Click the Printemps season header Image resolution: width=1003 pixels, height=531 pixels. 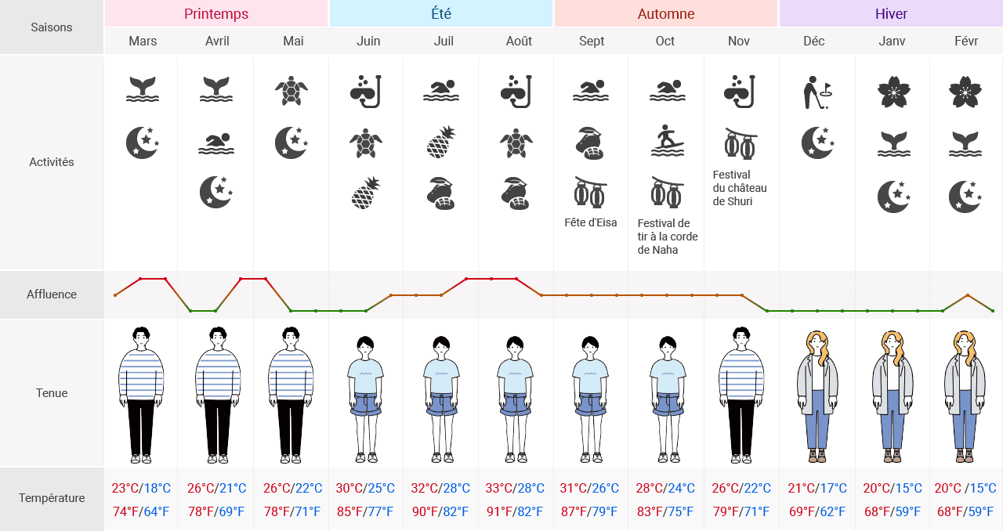click(216, 14)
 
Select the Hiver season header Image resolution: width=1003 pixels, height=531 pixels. click(891, 14)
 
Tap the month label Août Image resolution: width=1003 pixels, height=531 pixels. click(519, 41)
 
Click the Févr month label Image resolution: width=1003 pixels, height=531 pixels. click(966, 41)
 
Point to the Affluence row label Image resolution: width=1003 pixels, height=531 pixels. click(52, 294)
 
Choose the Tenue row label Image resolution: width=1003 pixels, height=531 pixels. click(52, 393)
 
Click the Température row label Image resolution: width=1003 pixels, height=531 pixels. click(52, 498)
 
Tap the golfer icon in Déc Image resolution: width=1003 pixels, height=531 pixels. click(817, 92)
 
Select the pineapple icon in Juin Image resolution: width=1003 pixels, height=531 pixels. click(365, 193)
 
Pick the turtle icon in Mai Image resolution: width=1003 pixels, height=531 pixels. click(291, 91)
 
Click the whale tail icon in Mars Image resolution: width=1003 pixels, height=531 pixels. click(143, 89)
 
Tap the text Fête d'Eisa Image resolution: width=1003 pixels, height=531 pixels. click(591, 222)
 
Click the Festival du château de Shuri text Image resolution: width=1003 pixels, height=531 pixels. click(739, 188)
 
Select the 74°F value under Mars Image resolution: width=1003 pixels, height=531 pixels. click(125, 512)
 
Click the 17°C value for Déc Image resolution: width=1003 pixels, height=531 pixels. click(832, 489)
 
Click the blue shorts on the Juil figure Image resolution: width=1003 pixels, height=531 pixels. click(443, 404)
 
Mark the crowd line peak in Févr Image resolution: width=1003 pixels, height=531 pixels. click(968, 295)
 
